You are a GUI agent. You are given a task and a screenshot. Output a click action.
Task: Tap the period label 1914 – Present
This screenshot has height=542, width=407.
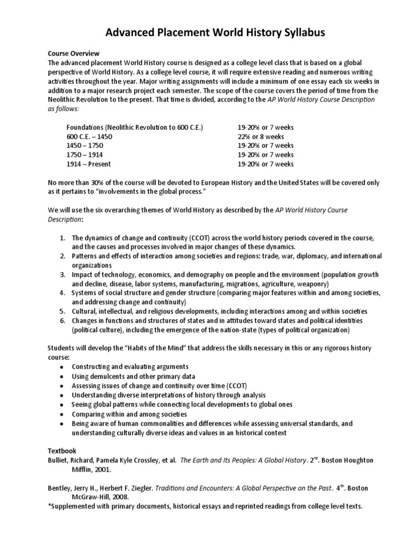click(89, 164)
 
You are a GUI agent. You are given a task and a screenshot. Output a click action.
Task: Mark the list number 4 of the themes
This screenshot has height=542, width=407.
click(62, 293)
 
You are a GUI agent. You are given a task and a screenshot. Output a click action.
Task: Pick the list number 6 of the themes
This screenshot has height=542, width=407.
click(62, 321)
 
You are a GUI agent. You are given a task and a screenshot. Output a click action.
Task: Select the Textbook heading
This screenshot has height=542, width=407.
click(62, 451)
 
